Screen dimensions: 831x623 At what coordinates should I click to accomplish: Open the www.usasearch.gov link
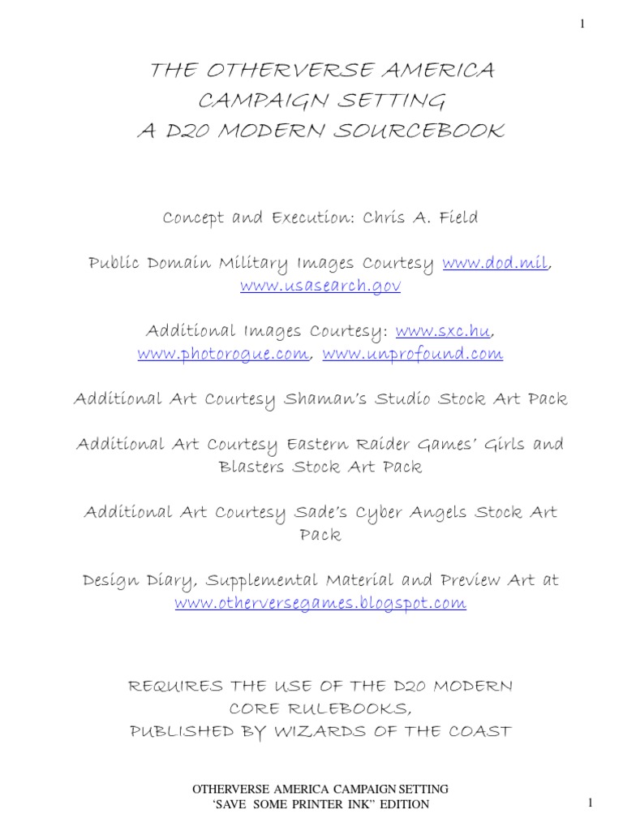pyautogui.click(x=320, y=286)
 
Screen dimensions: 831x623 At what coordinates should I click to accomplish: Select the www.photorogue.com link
pyautogui.click(x=224, y=355)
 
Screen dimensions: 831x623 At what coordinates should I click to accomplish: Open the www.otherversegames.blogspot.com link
pyautogui.click(x=320, y=603)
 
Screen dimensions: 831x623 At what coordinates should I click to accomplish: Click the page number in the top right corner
pyautogui.click(x=582, y=24)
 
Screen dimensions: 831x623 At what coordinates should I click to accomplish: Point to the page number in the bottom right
pyautogui.click(x=591, y=803)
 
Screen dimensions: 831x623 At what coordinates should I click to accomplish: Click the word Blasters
pyautogui.click(x=254, y=467)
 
